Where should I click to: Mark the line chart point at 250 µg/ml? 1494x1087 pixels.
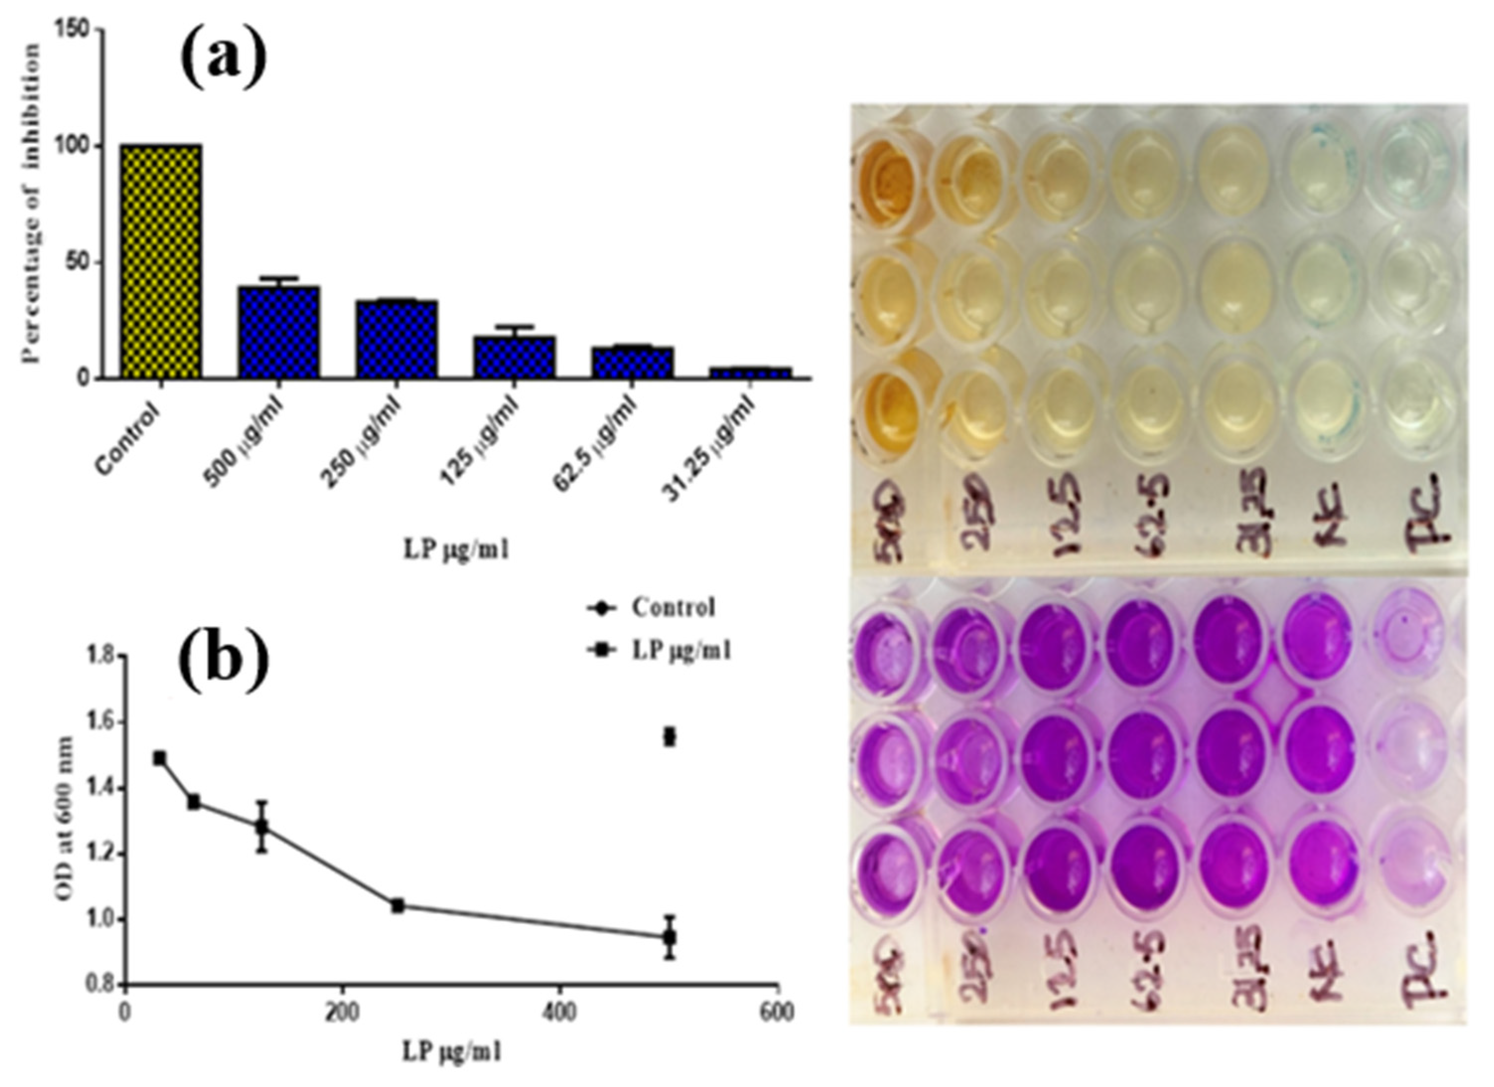tap(397, 905)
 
